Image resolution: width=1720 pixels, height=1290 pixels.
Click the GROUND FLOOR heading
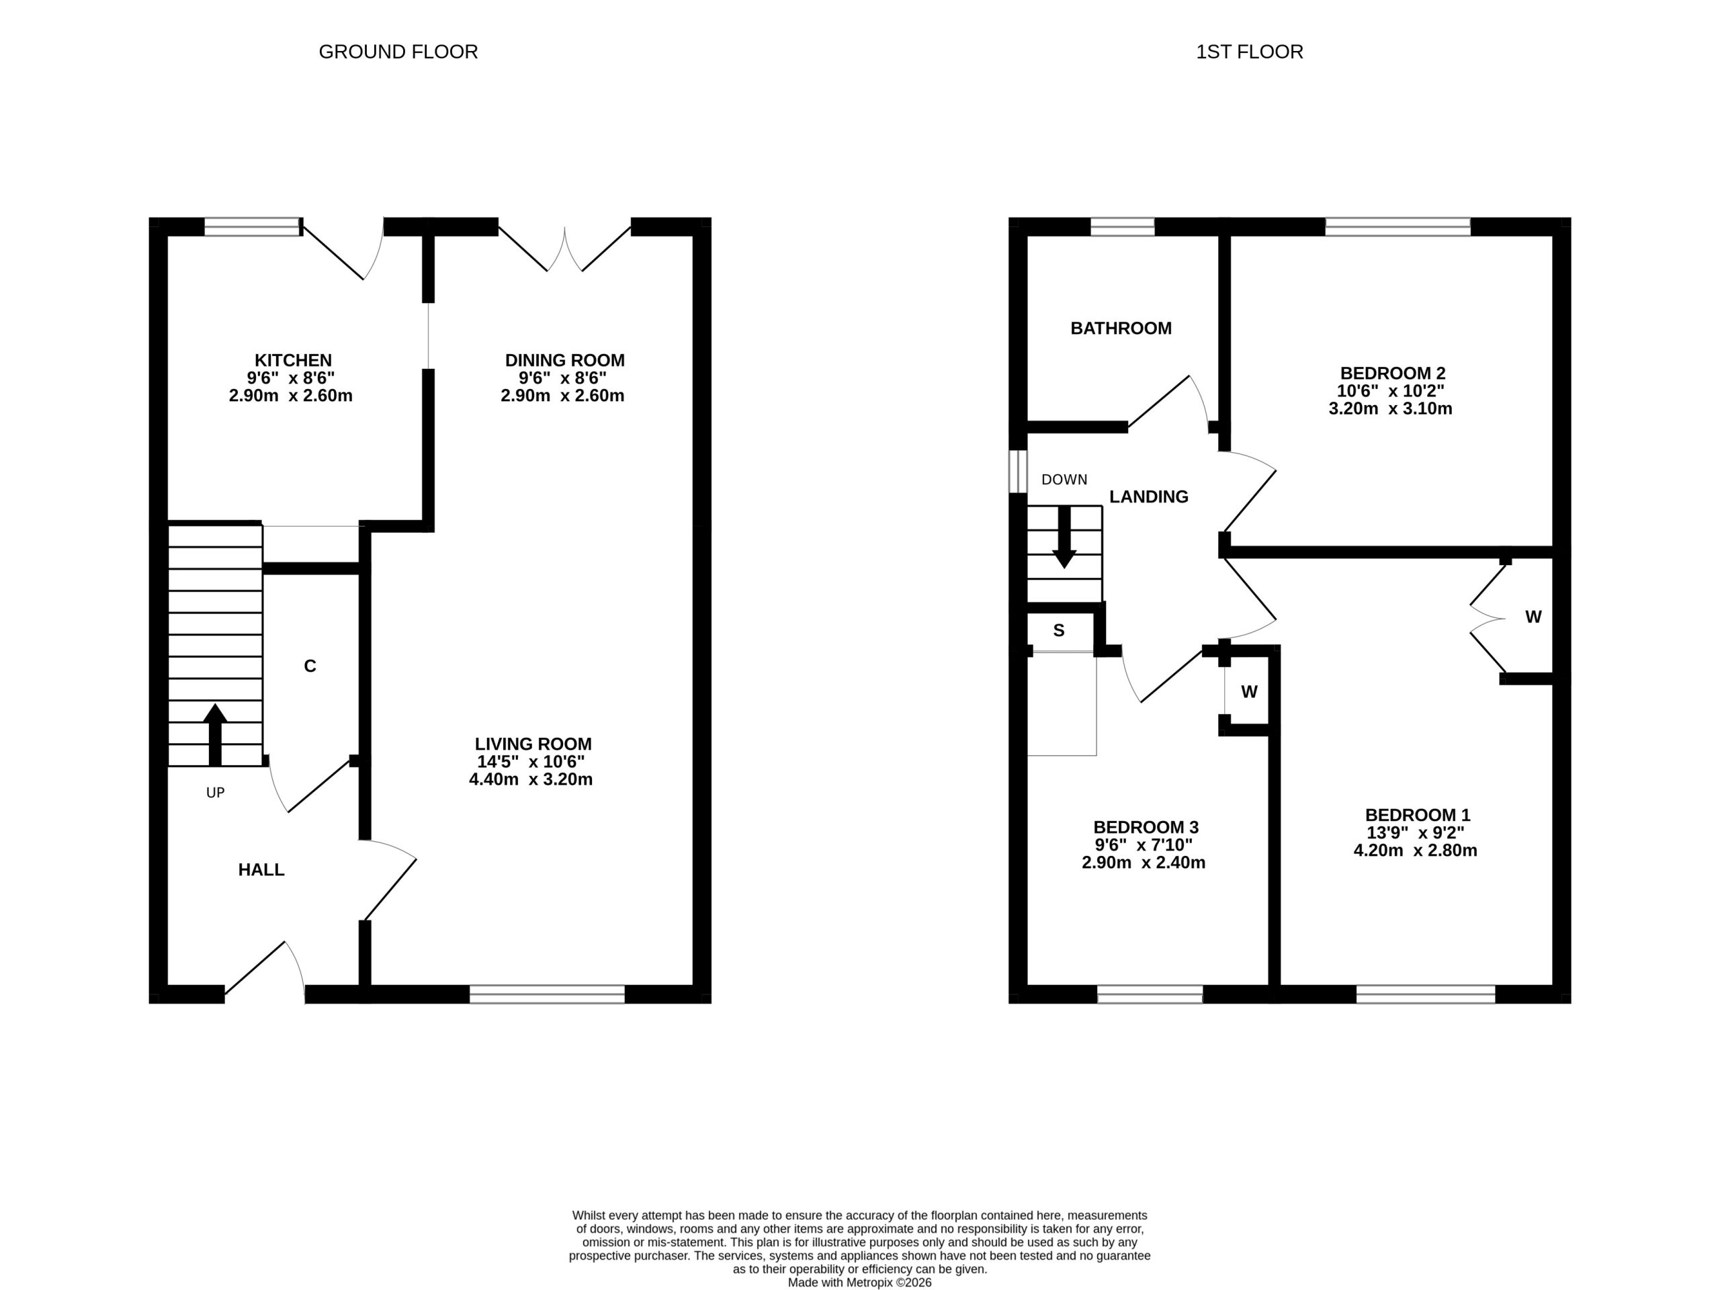(398, 52)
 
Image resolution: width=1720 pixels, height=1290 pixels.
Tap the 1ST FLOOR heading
(1250, 52)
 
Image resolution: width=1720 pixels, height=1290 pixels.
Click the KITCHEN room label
(293, 361)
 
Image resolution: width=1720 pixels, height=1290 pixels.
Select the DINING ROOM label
(564, 361)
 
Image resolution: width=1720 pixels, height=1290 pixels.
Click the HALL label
(261, 870)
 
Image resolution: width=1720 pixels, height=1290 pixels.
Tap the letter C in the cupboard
(310, 666)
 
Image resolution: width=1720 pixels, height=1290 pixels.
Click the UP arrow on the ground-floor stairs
(216, 734)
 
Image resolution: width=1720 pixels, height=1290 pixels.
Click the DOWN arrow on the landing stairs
(1064, 537)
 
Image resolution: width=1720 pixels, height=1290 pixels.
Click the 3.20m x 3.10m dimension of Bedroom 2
(1390, 409)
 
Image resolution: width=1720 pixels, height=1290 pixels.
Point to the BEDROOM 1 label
(1418, 816)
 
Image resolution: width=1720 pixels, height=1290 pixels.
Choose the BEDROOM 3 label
(1146, 827)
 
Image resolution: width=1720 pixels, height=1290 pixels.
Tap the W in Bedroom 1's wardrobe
(1533, 617)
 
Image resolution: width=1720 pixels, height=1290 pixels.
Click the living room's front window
(548, 994)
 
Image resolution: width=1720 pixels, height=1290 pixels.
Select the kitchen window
(253, 226)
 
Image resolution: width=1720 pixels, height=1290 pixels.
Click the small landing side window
(1018, 471)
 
